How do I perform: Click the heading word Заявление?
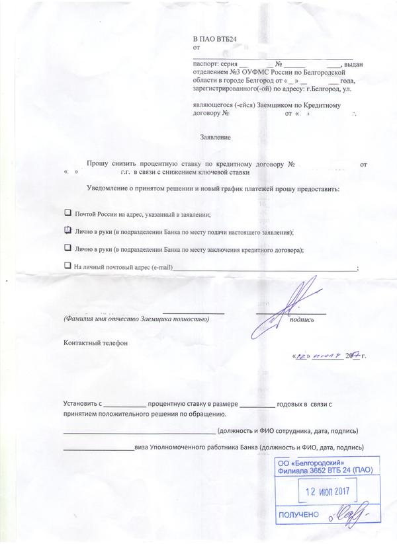[216, 137]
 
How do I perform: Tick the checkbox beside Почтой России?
[67, 214]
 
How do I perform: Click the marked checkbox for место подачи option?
[67, 231]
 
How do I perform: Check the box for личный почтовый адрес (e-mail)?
[67, 265]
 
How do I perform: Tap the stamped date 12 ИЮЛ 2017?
[330, 492]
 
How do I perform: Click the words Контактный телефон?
[93, 343]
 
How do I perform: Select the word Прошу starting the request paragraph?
[100, 163]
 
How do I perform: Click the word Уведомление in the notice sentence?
[110, 189]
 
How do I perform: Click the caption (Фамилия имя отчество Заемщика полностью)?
[136, 319]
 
